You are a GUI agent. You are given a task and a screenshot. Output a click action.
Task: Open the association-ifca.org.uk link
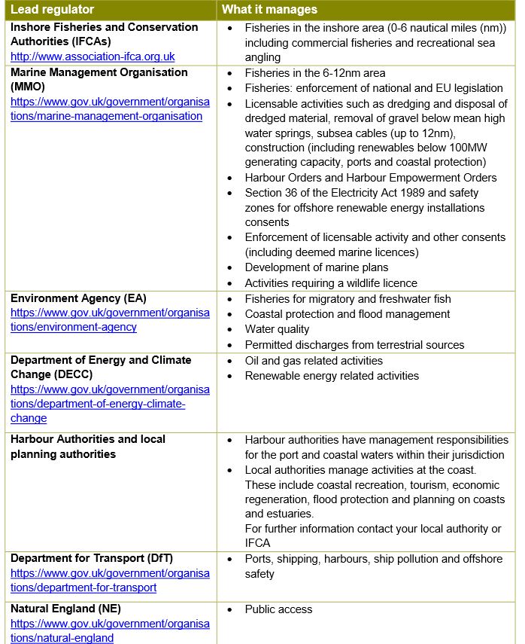coord(93,56)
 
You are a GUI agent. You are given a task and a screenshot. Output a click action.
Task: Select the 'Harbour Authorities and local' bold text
coord(88,439)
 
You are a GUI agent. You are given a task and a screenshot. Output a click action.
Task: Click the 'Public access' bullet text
coord(278,609)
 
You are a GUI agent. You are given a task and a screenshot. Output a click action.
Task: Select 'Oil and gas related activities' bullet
coord(314,360)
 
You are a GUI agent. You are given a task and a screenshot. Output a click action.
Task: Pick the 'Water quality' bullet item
coord(277,329)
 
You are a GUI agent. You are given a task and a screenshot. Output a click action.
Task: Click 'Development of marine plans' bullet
coord(317,267)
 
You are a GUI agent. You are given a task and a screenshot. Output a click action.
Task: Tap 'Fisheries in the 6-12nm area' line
coord(315,73)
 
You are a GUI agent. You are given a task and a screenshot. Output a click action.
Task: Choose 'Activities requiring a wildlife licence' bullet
coord(331,283)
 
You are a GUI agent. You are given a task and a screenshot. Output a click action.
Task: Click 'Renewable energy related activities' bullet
coord(332,375)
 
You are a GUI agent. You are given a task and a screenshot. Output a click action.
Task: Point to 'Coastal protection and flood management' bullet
coord(347,314)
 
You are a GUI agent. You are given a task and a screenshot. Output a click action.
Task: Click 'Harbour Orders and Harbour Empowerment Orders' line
coord(371,178)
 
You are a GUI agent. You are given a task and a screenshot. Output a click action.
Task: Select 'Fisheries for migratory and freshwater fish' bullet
coord(347,298)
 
